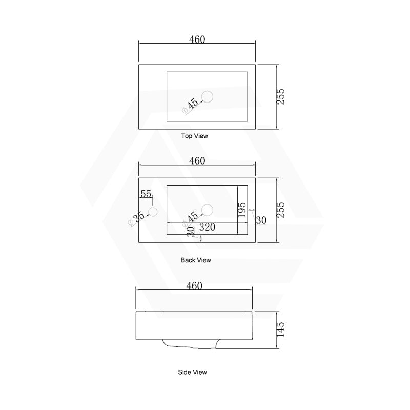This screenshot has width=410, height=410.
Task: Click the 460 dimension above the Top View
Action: (197, 39)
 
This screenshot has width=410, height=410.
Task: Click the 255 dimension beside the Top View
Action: (280, 97)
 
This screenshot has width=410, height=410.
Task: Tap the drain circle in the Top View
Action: (208, 97)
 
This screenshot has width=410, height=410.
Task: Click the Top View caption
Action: (195, 136)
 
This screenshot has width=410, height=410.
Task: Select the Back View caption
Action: (196, 260)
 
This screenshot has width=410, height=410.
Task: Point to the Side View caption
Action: (193, 372)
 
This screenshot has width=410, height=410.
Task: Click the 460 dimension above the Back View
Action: (197, 160)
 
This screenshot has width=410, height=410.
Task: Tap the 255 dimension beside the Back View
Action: (280, 210)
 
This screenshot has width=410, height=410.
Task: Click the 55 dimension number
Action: (146, 194)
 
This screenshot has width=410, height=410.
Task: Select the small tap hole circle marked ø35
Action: (153, 212)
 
